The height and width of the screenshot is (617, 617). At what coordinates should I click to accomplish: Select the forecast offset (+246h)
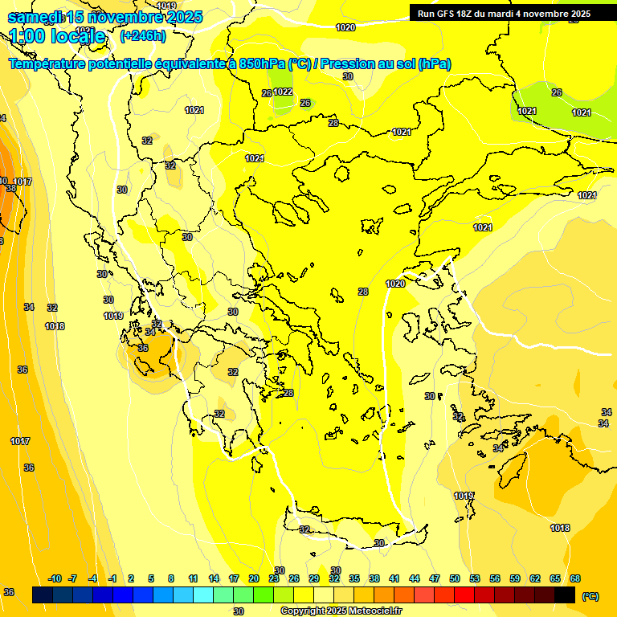tap(142, 35)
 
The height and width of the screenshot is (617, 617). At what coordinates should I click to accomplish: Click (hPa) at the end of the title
tap(433, 64)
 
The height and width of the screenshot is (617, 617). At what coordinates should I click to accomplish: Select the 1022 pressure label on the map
tap(283, 92)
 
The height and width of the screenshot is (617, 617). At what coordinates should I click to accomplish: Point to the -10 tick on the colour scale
tap(55, 578)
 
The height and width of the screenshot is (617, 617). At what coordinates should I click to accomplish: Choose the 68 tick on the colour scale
tap(575, 578)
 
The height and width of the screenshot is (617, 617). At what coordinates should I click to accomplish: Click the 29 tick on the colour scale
tap(314, 578)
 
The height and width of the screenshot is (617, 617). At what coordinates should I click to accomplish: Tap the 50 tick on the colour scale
tap(455, 578)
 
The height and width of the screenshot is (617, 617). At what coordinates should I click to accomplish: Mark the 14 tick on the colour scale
tap(214, 578)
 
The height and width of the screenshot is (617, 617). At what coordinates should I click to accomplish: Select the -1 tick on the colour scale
tap(112, 578)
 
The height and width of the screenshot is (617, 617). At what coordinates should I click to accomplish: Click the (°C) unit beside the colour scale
tap(590, 595)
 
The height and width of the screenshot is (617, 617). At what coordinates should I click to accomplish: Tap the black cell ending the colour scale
tap(565, 595)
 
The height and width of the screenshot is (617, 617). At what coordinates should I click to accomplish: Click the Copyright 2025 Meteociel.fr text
tap(341, 611)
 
